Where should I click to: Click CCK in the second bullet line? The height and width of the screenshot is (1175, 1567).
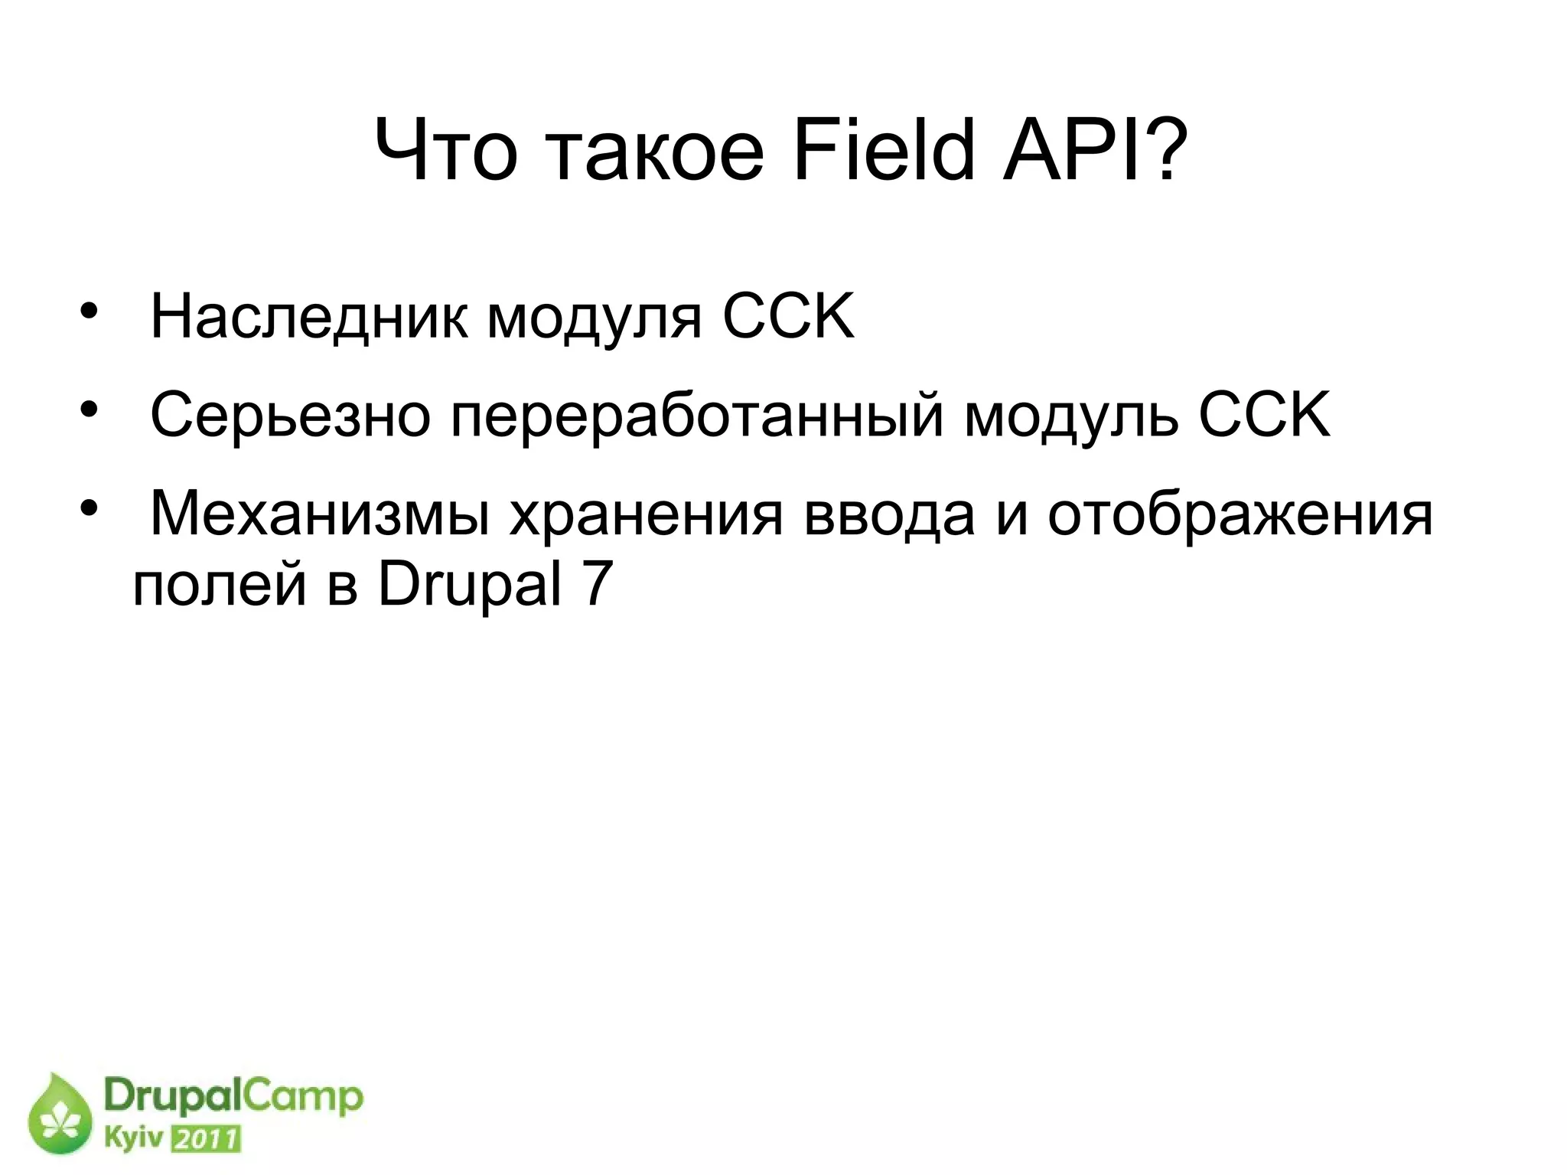1264,414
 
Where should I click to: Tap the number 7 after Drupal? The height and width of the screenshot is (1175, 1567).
598,585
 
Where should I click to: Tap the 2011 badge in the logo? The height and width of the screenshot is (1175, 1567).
206,1139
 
